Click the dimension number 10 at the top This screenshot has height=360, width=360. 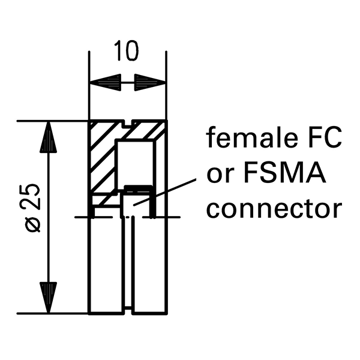point(127,51)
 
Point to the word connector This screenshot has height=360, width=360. point(274,209)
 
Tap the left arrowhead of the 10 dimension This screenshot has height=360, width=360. point(104,82)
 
